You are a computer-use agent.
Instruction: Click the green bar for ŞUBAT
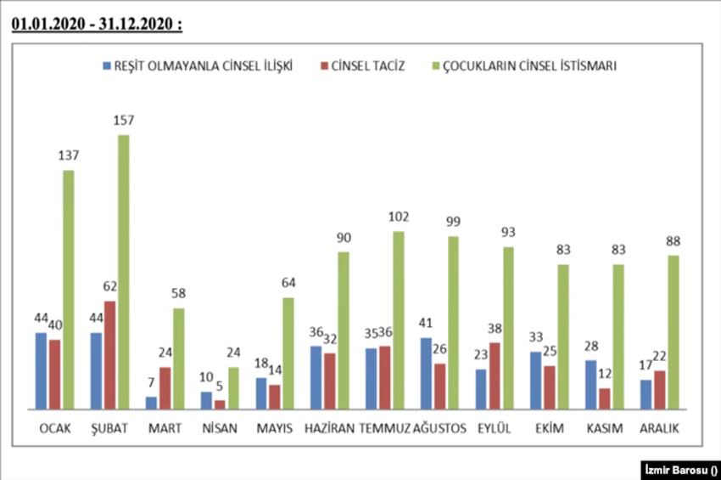point(123,272)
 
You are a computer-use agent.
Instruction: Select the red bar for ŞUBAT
point(109,355)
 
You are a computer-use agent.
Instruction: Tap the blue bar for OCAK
point(41,370)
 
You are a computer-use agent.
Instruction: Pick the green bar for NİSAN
point(233,387)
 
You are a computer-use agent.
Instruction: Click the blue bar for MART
point(151,403)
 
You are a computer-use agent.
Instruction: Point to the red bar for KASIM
point(604,398)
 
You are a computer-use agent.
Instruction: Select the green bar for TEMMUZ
point(399,320)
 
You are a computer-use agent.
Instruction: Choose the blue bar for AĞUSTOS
point(426,373)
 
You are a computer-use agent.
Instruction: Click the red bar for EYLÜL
point(495,376)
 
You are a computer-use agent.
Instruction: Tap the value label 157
point(124,120)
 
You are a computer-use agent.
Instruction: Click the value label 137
point(69,155)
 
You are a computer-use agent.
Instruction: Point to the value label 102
point(399,216)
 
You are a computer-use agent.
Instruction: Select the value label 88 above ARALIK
point(673,240)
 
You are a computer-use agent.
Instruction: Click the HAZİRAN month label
point(329,428)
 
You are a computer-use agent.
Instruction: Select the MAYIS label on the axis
point(275,428)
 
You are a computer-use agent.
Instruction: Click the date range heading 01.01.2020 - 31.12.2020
point(97,25)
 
